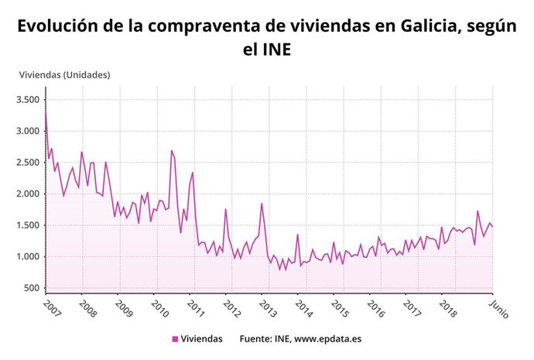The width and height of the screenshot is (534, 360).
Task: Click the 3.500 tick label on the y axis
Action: coord(27,100)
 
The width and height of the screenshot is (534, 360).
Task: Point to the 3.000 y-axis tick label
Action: coord(27,132)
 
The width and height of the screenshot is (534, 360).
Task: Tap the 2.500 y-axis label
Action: coord(27,163)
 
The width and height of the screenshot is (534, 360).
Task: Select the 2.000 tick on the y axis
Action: coord(27,194)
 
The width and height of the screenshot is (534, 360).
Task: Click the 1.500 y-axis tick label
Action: coord(27,225)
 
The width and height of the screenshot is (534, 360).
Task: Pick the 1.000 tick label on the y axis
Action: coord(27,257)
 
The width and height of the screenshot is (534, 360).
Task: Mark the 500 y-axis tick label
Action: coord(32,288)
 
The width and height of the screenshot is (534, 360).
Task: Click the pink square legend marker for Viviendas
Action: coord(175,339)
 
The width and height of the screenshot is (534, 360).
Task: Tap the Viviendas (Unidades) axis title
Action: coord(65,74)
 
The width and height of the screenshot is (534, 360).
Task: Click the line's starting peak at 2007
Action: coord(46,113)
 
